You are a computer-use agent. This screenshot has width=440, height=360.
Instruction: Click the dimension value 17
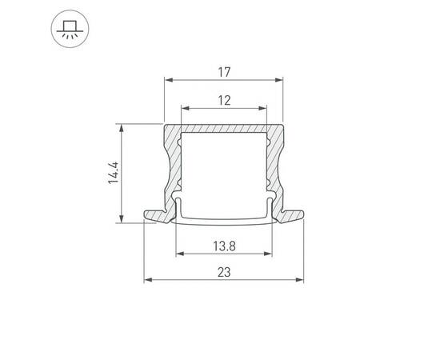click(224, 72)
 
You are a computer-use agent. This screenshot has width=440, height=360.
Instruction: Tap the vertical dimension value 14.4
click(114, 174)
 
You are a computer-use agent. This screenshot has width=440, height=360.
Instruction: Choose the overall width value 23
click(224, 273)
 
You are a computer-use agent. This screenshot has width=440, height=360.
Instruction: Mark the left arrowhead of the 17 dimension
click(168, 79)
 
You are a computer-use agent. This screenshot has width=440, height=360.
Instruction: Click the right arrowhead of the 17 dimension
click(281, 79)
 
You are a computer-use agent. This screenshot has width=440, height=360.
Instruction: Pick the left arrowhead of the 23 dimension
click(147, 281)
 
